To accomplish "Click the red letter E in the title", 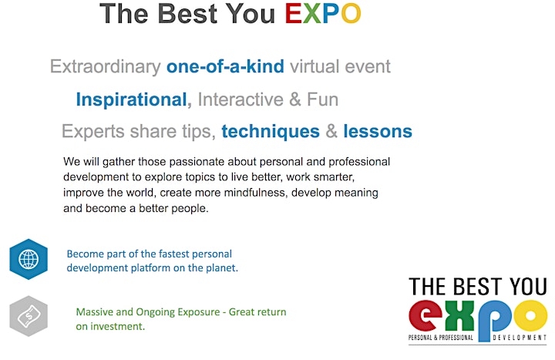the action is coord(293,14).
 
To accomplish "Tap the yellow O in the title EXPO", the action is coord(351,14).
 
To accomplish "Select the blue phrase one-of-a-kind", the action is coord(225,66).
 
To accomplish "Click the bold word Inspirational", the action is coord(131,99).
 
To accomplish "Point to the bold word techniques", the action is coord(271,132).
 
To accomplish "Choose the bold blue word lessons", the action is coord(378,131).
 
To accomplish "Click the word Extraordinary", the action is coord(106,67).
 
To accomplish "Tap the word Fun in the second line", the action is coord(322,99).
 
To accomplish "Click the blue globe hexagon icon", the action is coord(29,259).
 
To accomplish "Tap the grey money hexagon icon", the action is coord(29,316).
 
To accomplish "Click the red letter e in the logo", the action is coord(425,316).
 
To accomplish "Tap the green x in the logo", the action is coord(459,316).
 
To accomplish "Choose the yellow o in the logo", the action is coord(530,316).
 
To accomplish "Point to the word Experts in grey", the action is coord(93,132).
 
